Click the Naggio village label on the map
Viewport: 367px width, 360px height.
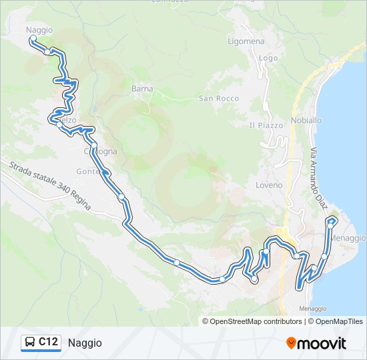point(39,30)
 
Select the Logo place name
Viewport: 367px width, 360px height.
point(268,58)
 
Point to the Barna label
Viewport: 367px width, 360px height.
point(142,89)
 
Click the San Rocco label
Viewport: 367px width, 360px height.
point(219,99)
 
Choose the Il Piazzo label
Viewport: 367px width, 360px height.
point(266,125)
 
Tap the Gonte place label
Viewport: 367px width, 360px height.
point(87,171)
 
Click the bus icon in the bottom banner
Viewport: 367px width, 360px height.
point(30,343)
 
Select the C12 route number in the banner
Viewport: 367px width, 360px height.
point(48,343)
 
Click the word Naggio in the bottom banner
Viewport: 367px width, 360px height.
point(85,343)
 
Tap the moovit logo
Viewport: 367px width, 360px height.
point(316,343)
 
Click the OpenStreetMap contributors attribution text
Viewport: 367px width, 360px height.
point(256,321)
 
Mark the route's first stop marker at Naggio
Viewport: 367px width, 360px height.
point(32,39)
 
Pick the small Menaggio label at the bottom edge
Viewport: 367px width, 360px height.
point(313,309)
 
